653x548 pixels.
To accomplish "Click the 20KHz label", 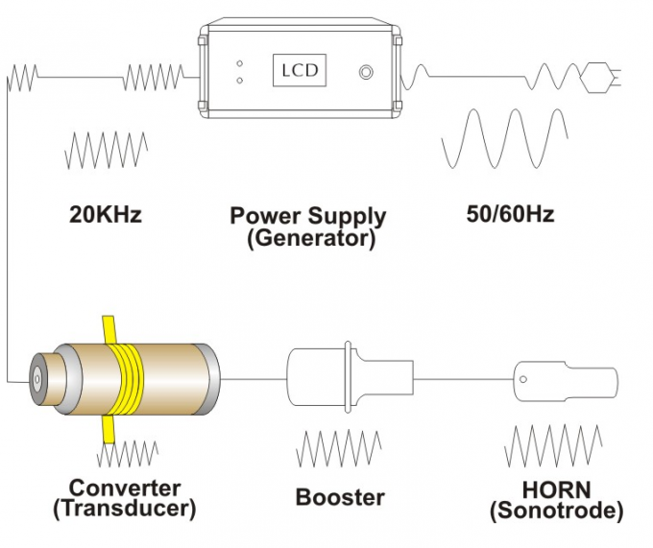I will click(105, 214).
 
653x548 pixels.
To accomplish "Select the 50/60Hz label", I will click(510, 214).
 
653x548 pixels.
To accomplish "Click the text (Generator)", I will click(310, 238).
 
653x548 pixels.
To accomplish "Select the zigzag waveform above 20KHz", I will click(106, 150).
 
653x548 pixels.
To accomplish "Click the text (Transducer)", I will click(124, 509).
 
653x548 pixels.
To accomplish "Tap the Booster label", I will click(340, 497).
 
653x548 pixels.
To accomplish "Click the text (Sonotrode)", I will click(556, 511).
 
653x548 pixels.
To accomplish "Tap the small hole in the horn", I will click(525, 377).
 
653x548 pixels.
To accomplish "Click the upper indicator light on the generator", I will click(239, 63).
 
